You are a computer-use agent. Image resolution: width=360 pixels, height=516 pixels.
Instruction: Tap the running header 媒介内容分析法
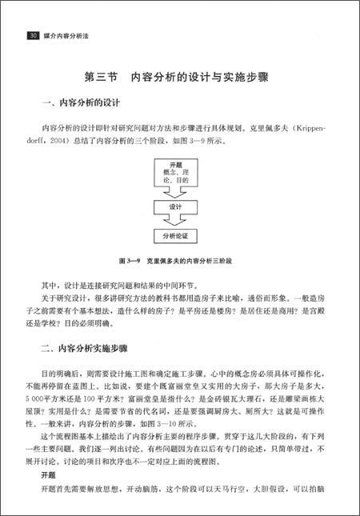pyautogui.click(x=68, y=36)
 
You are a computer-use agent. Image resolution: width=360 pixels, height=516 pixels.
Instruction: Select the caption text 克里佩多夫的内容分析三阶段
pyautogui.click(x=192, y=262)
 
